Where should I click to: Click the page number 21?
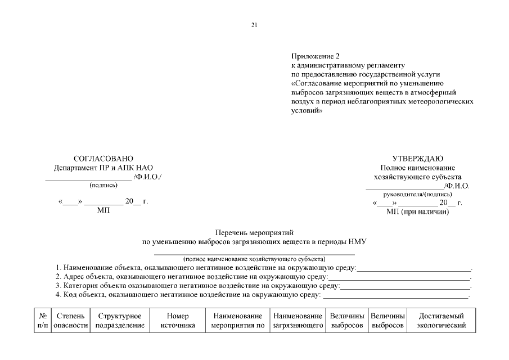point(254,25)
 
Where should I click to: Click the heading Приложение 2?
point(316,56)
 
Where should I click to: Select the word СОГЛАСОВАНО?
point(103,159)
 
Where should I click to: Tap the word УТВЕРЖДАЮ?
point(417,159)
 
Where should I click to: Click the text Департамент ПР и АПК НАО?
point(103,168)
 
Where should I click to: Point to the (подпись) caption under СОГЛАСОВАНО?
point(103,184)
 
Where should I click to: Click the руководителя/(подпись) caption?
point(417,194)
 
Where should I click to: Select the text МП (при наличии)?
point(417,211)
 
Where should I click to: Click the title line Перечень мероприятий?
point(254,232)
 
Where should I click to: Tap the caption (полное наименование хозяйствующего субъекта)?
point(254,259)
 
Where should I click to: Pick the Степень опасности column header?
point(71,321)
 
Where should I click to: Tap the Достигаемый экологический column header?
point(441,321)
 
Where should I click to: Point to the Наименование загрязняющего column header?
point(298,321)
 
